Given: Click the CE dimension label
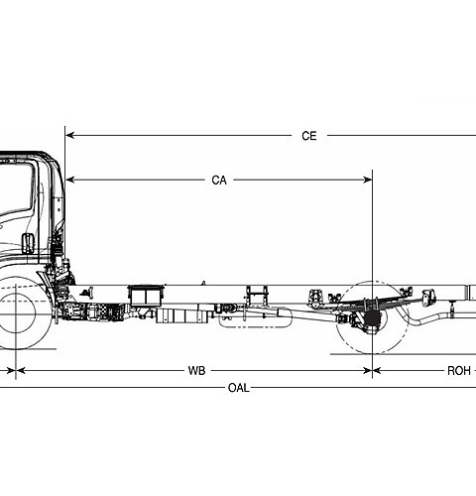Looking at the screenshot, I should [x=309, y=136].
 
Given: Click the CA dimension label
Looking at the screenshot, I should [x=219, y=181].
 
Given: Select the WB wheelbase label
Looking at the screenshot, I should [x=196, y=370].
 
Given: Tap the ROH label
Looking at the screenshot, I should [x=458, y=370].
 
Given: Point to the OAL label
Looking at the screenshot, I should [x=238, y=388].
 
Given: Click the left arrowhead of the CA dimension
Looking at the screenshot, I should [x=70, y=181].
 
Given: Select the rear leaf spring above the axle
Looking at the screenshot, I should [x=373, y=297].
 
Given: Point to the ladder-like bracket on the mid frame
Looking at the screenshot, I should [x=257, y=295].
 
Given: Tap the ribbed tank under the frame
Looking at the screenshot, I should [x=178, y=314].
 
